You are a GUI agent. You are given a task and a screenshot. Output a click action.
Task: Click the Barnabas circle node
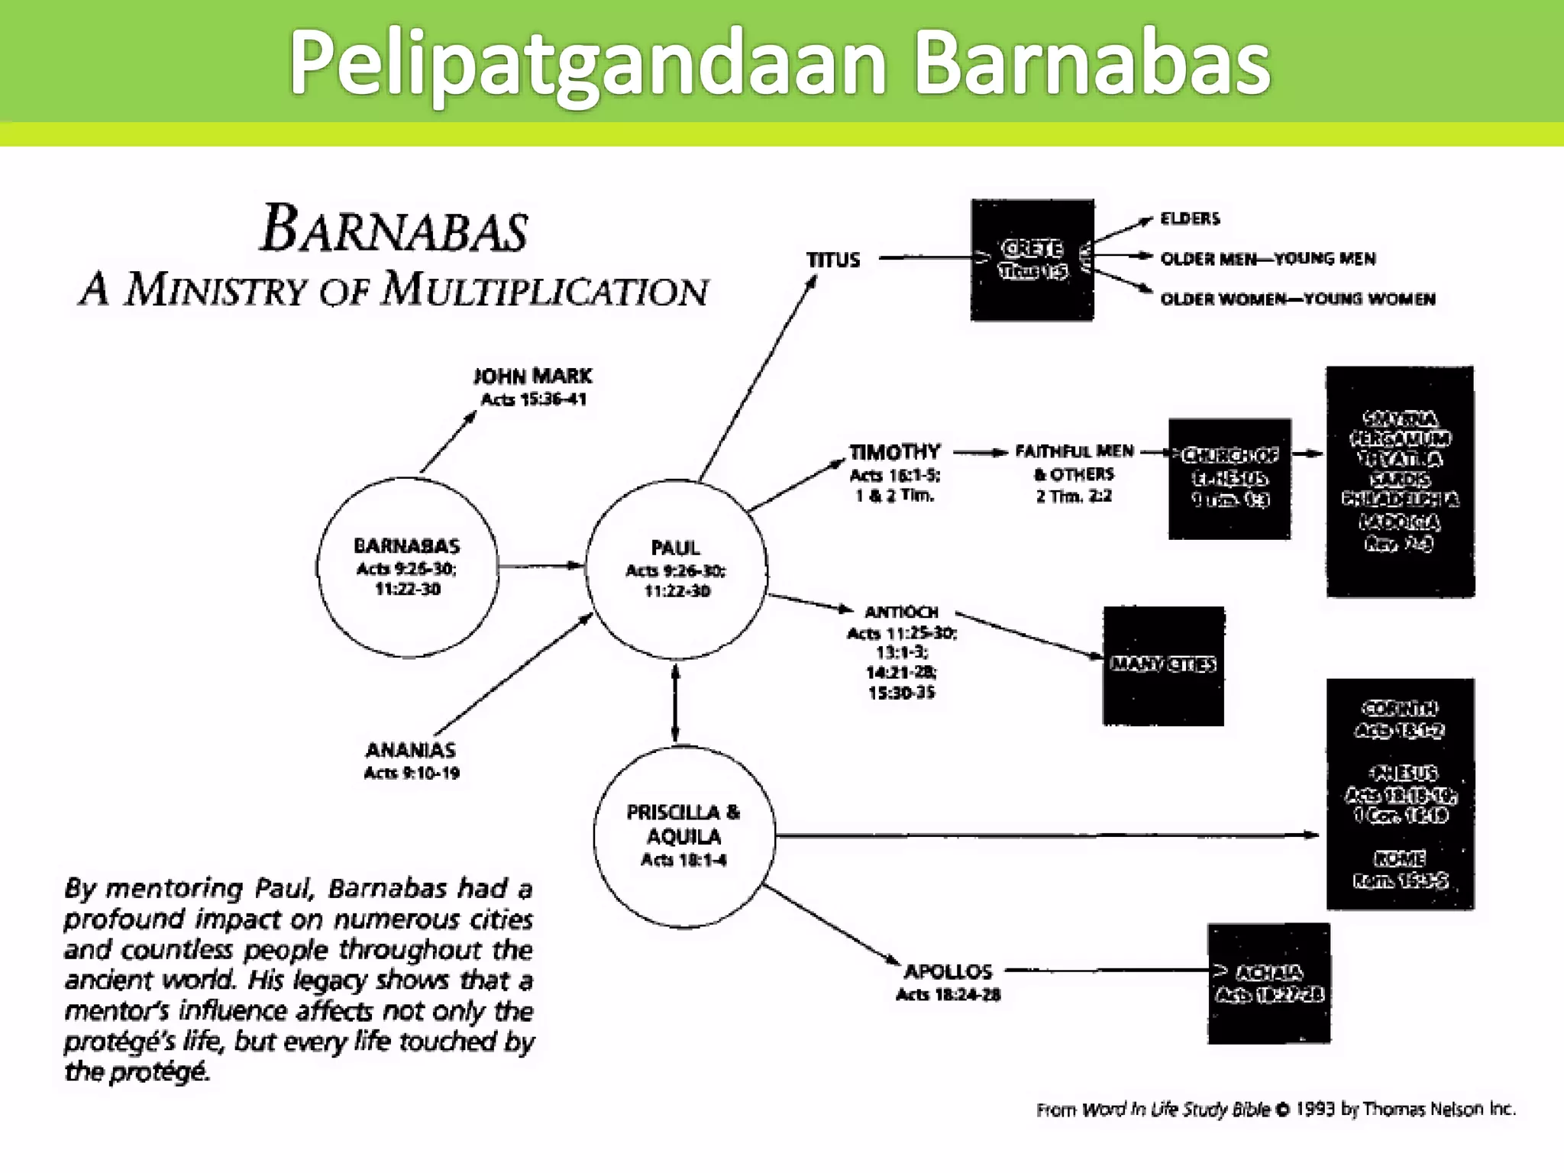click(407, 567)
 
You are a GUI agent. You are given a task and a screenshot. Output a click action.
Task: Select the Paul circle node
click(676, 569)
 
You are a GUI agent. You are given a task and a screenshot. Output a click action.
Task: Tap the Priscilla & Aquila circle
click(683, 835)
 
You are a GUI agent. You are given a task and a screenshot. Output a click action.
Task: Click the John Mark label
click(533, 376)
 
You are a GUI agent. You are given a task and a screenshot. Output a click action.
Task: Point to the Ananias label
click(411, 750)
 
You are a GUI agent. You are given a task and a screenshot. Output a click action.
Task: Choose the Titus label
click(833, 260)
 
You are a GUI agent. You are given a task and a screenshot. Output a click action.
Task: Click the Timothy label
click(894, 452)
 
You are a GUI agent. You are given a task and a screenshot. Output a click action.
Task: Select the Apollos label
click(948, 971)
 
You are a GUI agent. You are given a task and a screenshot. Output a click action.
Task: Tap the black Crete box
click(1032, 260)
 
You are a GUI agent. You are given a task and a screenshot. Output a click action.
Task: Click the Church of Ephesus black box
click(1229, 478)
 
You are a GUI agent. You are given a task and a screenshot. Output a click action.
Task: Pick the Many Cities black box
click(1162, 665)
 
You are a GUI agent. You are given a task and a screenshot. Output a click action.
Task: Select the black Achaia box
click(1268, 983)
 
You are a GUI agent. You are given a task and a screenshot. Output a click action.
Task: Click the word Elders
click(1190, 218)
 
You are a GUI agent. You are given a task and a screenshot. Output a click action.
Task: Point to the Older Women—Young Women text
click(1297, 299)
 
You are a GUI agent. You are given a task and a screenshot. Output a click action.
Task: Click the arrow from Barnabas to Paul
click(541, 566)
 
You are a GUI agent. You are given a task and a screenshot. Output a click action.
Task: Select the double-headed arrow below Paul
click(675, 703)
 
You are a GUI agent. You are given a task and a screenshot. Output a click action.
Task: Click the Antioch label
click(901, 612)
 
